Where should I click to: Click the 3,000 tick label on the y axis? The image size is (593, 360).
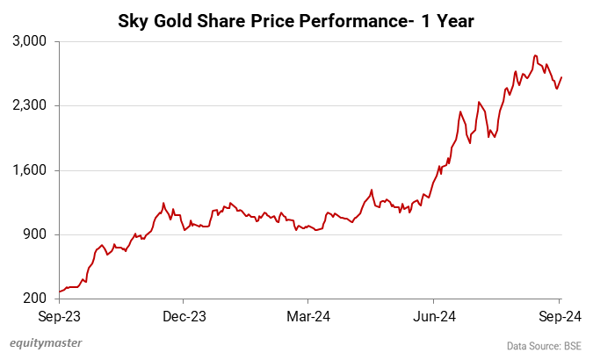click(31, 41)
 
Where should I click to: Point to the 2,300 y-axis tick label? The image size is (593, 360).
click(31, 105)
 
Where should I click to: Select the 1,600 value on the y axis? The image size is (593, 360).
click(31, 170)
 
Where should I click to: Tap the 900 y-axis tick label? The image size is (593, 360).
click(35, 234)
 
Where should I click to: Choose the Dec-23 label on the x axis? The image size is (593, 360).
click(184, 315)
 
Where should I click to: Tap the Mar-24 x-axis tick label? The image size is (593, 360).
click(310, 315)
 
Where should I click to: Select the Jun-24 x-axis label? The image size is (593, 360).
click(436, 315)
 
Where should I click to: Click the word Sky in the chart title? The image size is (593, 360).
click(134, 19)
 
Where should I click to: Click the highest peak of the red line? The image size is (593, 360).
click(535, 56)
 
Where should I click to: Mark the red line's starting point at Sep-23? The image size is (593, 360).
click(59, 292)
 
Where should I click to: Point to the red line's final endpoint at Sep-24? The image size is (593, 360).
click(561, 77)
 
